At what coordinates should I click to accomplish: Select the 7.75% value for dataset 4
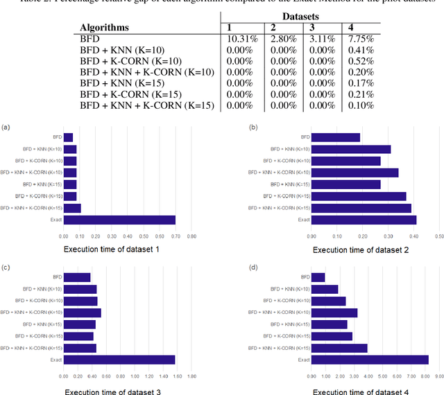pyautogui.click(x=359, y=39)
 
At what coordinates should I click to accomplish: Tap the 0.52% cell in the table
pyautogui.click(x=359, y=61)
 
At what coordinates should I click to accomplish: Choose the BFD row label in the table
pyautogui.click(x=91, y=39)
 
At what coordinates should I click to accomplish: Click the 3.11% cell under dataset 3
pyautogui.click(x=319, y=39)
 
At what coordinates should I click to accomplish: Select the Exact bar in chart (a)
pyautogui.click(x=119, y=220)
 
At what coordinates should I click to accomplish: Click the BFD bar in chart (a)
pyautogui.click(x=68, y=137)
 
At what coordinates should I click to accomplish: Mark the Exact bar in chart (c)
pyautogui.click(x=119, y=360)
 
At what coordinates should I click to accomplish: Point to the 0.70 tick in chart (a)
pyautogui.click(x=176, y=236)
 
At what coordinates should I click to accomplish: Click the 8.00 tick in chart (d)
pyautogui.click(x=425, y=377)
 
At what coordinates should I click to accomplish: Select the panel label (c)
pyautogui.click(x=6, y=267)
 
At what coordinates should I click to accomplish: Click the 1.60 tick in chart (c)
pyautogui.click(x=176, y=377)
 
